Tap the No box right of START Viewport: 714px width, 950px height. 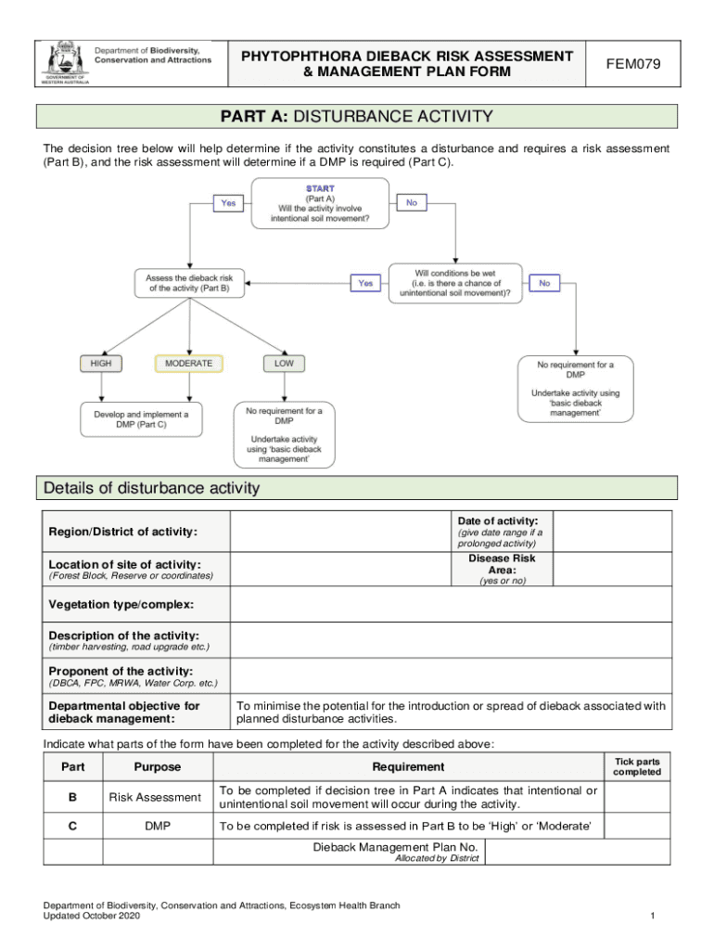(411, 202)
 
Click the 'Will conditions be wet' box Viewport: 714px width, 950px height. (454, 283)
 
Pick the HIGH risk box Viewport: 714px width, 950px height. (101, 364)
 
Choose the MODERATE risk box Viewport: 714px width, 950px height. (189, 364)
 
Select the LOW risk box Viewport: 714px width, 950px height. (284, 364)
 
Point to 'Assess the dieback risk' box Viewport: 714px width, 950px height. (189, 283)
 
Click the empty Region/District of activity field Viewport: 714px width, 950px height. (340, 532)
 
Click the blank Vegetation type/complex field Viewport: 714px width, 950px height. (452, 605)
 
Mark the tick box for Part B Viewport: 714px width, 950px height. (636, 797)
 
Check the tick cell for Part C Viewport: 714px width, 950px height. (636, 827)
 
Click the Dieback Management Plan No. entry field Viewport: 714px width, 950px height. (577, 852)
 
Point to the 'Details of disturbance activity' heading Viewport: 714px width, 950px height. (152, 488)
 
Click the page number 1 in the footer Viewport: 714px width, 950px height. (653, 917)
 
